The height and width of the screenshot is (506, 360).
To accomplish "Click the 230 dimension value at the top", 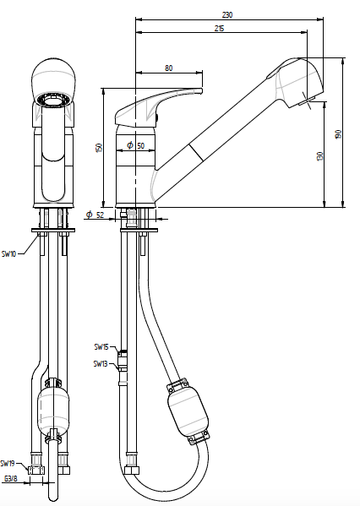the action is pyautogui.click(x=227, y=15).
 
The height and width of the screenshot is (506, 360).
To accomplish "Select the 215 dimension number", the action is pyautogui.click(x=219, y=29).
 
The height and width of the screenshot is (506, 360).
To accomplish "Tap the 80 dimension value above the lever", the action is pyautogui.click(x=168, y=68).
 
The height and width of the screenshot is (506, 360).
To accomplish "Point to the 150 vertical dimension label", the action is pyautogui.click(x=99, y=148).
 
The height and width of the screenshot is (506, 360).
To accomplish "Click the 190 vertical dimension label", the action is pyautogui.click(x=338, y=134).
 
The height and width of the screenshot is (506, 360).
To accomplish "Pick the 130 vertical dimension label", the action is pyautogui.click(x=320, y=156).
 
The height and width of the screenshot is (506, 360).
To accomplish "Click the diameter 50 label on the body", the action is pyautogui.click(x=135, y=145).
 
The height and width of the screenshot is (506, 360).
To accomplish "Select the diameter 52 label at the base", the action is pyautogui.click(x=95, y=215).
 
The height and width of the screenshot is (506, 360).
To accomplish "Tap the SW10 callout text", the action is pyautogui.click(x=8, y=254).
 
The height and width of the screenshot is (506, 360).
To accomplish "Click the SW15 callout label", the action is pyautogui.click(x=101, y=347).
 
